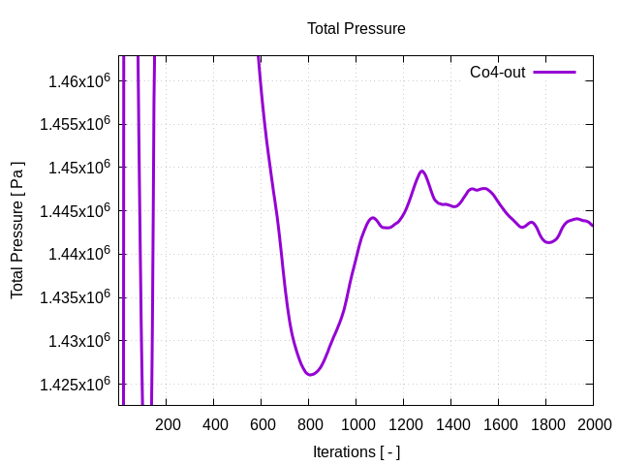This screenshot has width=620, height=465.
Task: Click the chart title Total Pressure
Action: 356,29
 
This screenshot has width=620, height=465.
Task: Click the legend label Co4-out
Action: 497,72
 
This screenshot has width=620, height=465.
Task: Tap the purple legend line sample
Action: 555,72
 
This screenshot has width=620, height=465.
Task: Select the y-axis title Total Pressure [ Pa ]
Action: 17,230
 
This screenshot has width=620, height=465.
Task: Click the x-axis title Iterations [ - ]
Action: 356,451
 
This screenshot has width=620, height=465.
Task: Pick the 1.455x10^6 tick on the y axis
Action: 76,124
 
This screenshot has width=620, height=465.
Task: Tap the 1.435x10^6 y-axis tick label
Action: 76,297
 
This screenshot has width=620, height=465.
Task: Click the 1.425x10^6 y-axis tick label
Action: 76,385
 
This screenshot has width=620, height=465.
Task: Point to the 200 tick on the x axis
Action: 168,424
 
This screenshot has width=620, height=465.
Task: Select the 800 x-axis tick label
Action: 309,424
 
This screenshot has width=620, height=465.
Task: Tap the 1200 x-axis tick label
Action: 404,424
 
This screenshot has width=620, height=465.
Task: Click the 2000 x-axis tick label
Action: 593,424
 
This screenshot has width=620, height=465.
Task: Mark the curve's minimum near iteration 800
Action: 310,374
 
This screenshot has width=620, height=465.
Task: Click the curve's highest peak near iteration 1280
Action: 421,171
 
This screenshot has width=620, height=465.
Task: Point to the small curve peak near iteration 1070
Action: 373,218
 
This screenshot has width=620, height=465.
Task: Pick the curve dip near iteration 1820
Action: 549,242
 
